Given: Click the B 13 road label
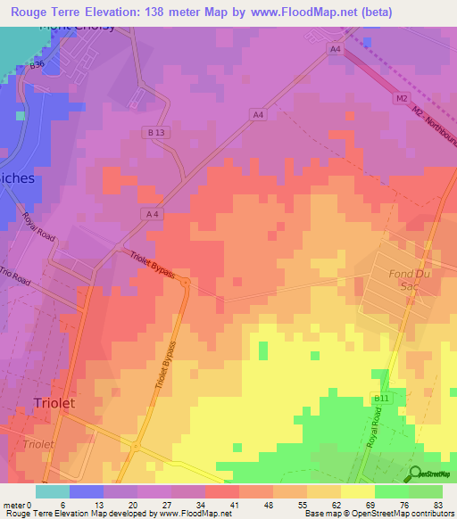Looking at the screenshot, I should [x=157, y=132].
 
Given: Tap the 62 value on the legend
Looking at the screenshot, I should [x=340, y=505].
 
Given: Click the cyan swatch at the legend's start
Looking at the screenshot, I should [x=52, y=491].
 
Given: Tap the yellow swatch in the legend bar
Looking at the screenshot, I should [x=357, y=491].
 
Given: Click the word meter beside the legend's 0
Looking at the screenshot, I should [x=13, y=505].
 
